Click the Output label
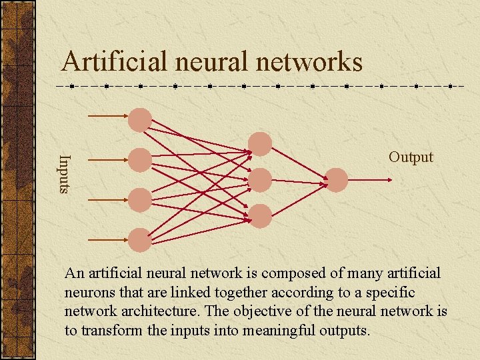pyautogui.click(x=411, y=157)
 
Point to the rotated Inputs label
pyautogui.click(x=64, y=173)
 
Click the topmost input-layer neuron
pyautogui.click(x=140, y=120)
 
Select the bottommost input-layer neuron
pyautogui.click(x=140, y=240)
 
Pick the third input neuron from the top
pyautogui.click(x=140, y=200)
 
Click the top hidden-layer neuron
pyautogui.click(x=260, y=144)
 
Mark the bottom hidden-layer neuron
pyautogui.click(x=260, y=215)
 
